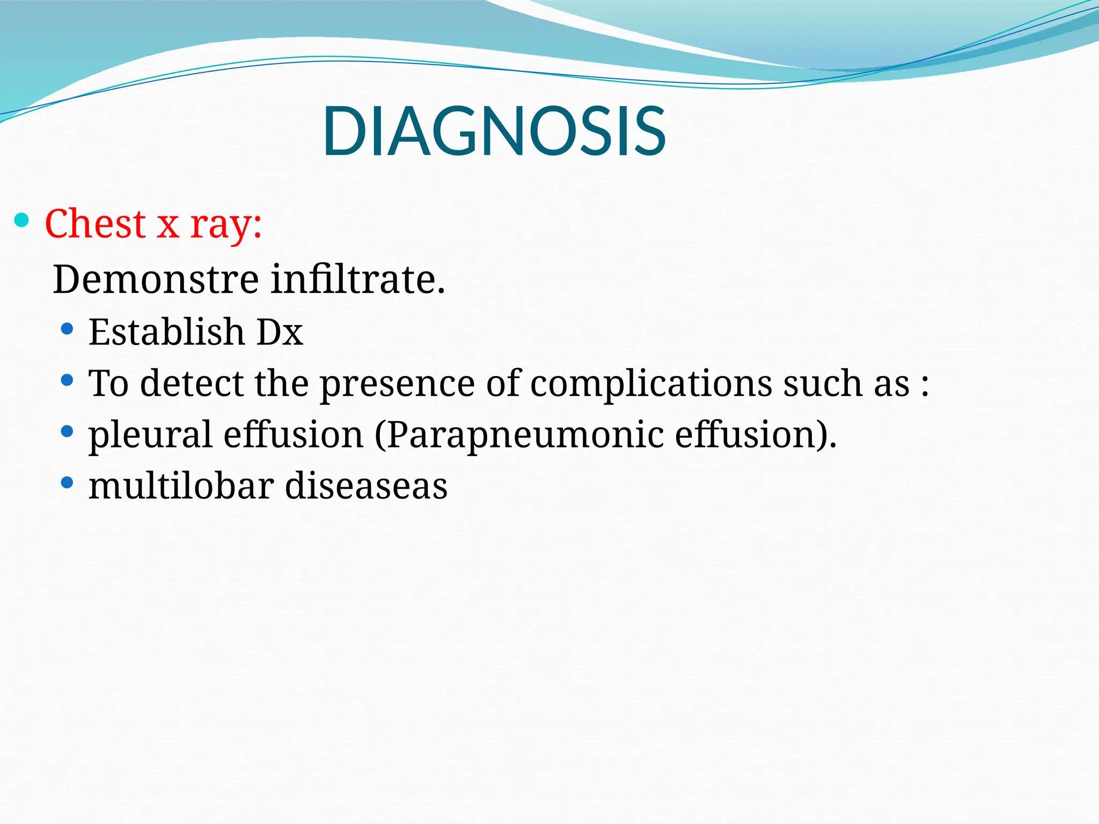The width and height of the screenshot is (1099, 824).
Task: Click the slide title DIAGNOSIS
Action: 494,131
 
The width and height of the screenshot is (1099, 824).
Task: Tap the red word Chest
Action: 95,224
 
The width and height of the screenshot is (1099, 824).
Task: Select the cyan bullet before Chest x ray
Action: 21,220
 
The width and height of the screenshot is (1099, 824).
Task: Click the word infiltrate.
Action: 357,279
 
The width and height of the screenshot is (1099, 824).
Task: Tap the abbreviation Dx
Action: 280,332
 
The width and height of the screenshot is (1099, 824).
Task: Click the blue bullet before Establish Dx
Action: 67,328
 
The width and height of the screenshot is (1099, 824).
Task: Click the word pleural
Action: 150,435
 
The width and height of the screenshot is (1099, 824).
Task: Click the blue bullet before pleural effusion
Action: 67,431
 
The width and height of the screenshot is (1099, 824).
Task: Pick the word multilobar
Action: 180,485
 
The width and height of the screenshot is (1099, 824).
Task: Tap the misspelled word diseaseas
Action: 366,485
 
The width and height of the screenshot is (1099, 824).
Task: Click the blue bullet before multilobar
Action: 67,482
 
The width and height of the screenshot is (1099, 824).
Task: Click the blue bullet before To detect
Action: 67,380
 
